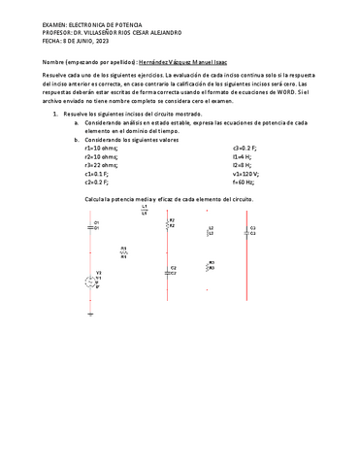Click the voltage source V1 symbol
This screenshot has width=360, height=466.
coord(92,281)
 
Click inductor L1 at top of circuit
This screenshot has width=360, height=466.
coord(145,210)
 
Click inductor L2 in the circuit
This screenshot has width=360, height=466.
coord(211,231)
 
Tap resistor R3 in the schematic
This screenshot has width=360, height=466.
coord(211,265)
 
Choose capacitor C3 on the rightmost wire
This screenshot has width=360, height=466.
coord(250,231)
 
